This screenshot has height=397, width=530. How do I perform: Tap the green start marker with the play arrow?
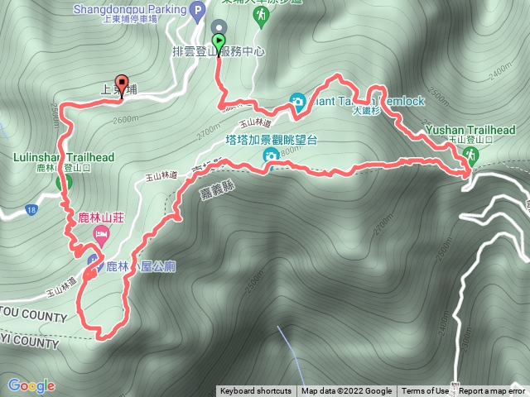point(219,41)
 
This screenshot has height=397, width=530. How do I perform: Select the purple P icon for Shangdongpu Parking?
point(197,12)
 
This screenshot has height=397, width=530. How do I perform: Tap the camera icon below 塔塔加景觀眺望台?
point(271,155)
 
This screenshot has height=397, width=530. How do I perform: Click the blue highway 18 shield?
point(32,208)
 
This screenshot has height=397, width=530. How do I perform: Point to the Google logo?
point(31,385)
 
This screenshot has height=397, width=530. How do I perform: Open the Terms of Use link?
point(426,391)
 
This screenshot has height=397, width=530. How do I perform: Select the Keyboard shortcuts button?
point(256,391)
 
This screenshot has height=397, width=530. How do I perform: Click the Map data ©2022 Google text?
point(346,391)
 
